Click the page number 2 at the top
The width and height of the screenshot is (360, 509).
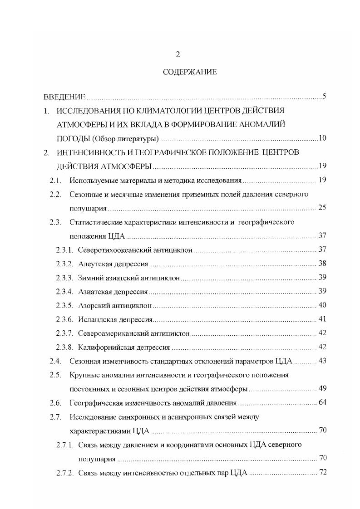pos(178,54)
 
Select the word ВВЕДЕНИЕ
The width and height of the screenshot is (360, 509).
pos(64,97)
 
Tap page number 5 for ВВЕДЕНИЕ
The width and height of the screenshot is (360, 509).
pos(324,96)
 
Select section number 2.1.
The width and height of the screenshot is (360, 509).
pos(55,180)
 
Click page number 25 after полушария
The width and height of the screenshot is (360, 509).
pos(322,208)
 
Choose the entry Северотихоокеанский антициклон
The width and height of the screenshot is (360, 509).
pos(135,250)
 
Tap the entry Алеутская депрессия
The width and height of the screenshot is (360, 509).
pos(113,264)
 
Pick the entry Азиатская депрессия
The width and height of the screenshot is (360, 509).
pos(113,291)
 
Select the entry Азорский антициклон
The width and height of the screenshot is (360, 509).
pos(114,305)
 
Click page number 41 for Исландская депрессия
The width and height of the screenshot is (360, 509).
pos(322,319)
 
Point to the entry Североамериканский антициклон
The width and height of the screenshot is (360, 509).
pos(133,333)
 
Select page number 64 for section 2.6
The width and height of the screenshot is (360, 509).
pos(322,402)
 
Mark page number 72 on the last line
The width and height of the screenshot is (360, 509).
pos(322,472)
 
